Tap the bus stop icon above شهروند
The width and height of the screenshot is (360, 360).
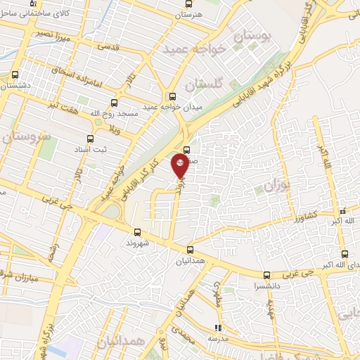point(136,231)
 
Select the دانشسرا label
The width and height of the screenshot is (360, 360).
point(266,287)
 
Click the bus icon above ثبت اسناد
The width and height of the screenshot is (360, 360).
point(89,139)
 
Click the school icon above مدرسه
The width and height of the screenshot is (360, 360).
point(219,328)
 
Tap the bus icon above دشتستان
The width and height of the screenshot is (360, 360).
point(15,73)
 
